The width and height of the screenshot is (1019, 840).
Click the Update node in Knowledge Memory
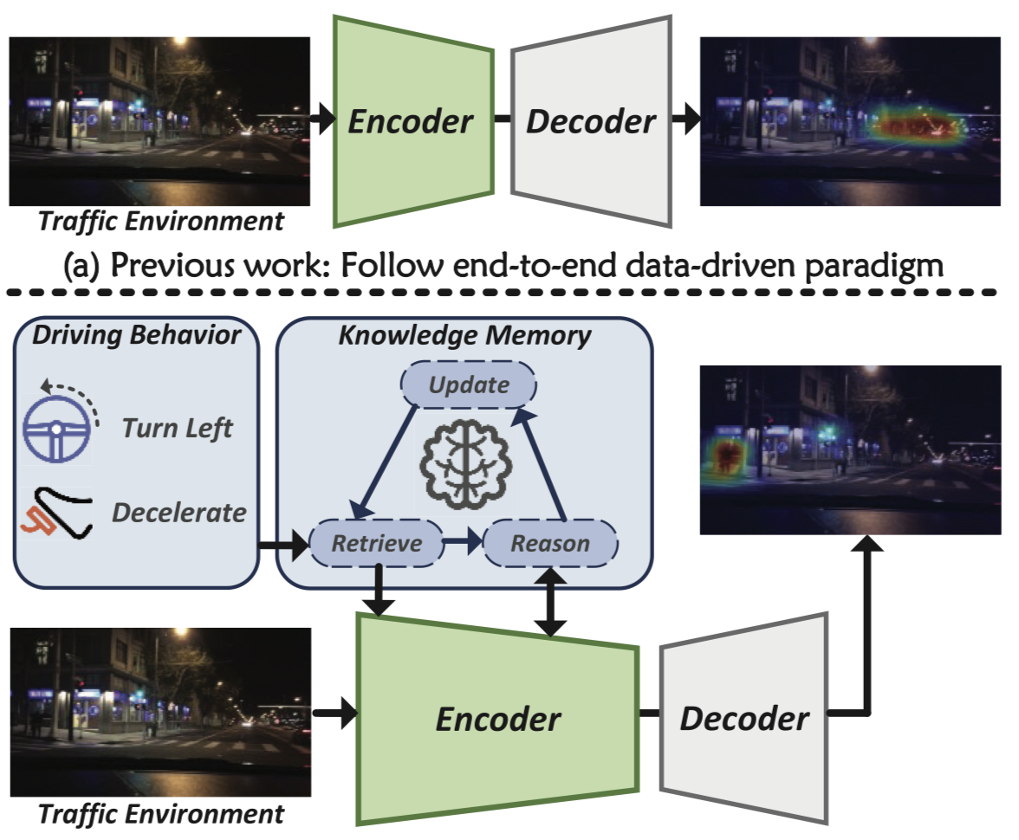point(469,385)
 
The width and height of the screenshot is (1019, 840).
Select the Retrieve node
point(377,543)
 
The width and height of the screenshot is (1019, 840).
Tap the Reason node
point(550,543)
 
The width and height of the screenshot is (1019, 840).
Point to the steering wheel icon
point(55,430)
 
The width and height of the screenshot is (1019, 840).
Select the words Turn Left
point(178,428)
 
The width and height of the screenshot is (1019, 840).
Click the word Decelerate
point(178,512)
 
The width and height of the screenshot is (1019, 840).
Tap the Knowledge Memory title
point(464,334)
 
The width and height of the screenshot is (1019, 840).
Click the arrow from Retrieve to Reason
point(461,544)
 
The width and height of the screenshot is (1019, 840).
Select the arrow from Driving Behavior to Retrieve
point(284,546)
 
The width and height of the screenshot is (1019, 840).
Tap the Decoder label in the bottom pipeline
point(743,717)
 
